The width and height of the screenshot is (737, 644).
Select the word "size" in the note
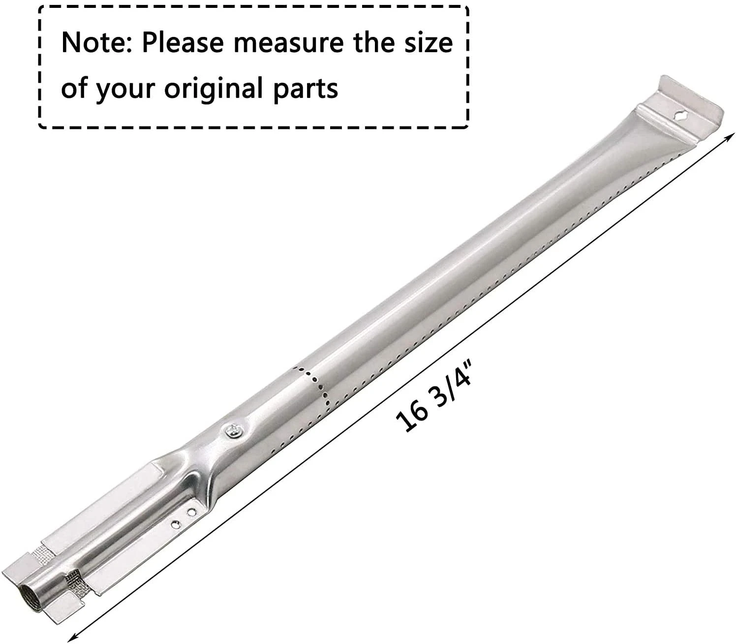click(426, 43)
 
